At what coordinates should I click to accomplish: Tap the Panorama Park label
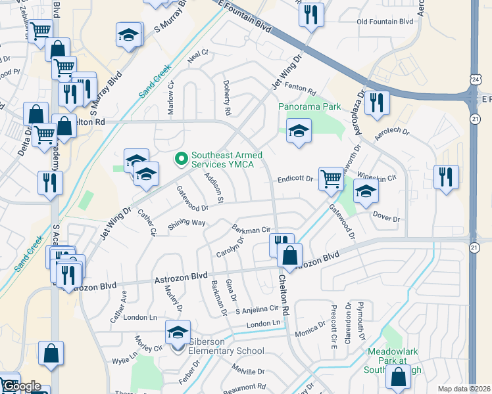click(x=308, y=106)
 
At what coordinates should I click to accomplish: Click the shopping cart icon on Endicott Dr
click(x=330, y=177)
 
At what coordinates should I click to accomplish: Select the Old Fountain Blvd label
click(x=385, y=22)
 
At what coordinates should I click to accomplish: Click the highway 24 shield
click(x=475, y=79)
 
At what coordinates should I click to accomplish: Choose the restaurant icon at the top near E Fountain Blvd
click(x=311, y=13)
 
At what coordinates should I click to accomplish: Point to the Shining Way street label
click(x=187, y=223)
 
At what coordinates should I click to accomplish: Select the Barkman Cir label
click(x=252, y=229)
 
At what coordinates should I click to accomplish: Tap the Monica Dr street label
click(x=310, y=330)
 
